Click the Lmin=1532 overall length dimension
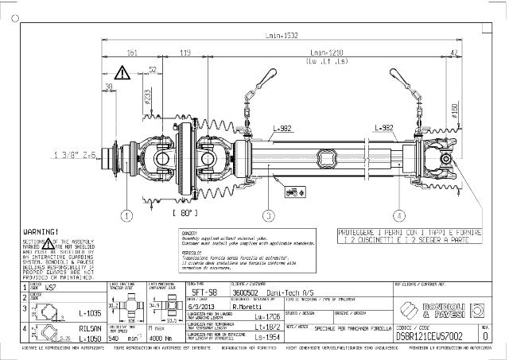pyautogui.click(x=282, y=36)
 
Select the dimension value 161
pyautogui.click(x=132, y=53)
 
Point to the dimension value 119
pyautogui.click(x=185, y=53)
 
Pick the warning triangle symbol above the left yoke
pyautogui.click(x=122, y=73)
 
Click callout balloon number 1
pyautogui.click(x=126, y=215)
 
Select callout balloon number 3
pyautogui.click(x=270, y=215)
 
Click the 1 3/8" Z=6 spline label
pyautogui.click(x=75, y=154)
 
